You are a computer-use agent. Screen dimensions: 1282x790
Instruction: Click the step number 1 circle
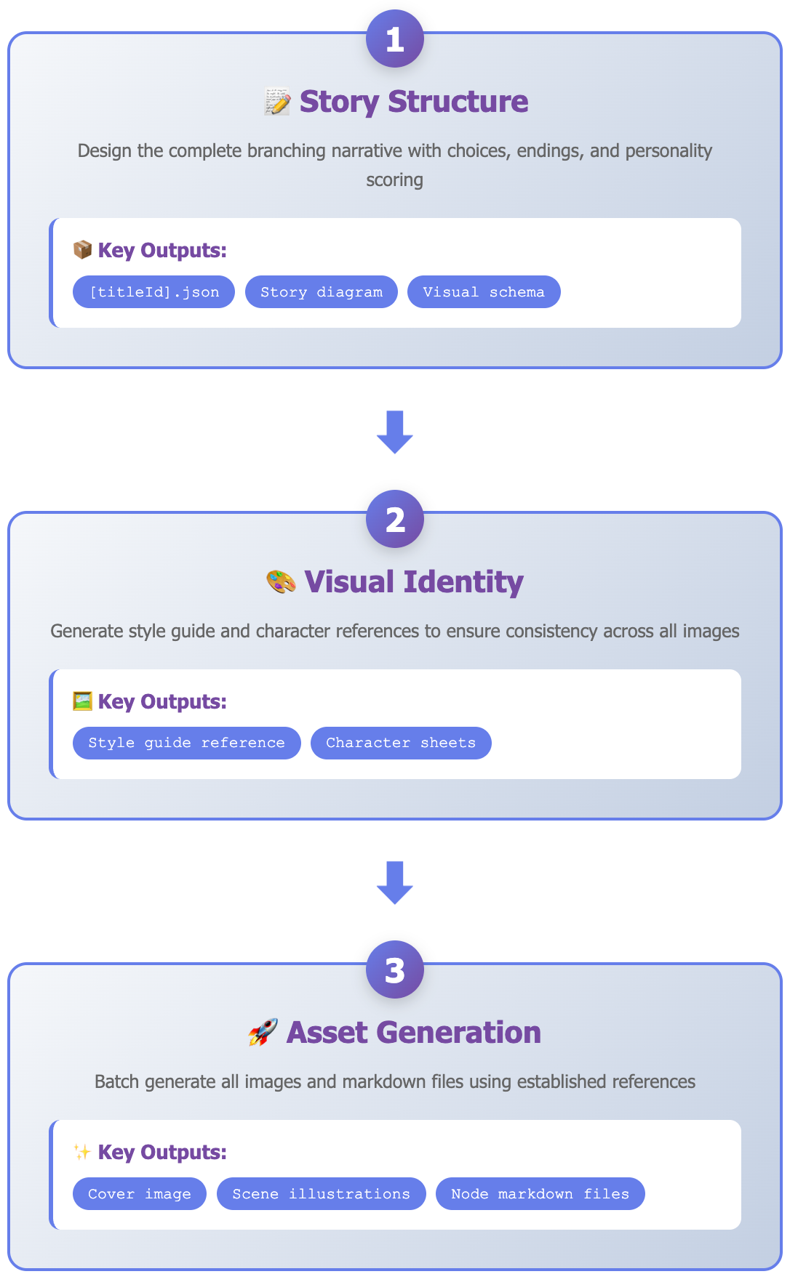click(x=395, y=39)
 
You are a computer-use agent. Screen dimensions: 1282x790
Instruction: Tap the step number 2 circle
click(x=395, y=519)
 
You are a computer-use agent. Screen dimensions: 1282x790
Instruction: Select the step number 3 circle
click(x=395, y=969)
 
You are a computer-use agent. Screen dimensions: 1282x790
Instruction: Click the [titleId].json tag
click(x=153, y=292)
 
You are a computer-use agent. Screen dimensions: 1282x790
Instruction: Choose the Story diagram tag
click(x=321, y=292)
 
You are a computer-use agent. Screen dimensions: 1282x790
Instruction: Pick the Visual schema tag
click(x=484, y=292)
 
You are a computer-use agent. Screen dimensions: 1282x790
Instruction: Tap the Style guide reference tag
click(x=186, y=743)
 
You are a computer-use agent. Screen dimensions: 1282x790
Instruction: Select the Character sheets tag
click(x=401, y=743)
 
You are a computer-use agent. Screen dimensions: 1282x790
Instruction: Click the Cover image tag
click(x=140, y=1193)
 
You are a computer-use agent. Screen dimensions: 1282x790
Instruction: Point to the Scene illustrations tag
click(x=321, y=1193)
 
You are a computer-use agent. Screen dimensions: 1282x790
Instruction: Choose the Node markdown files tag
click(x=540, y=1193)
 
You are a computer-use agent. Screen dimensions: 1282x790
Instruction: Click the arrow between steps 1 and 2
click(x=395, y=432)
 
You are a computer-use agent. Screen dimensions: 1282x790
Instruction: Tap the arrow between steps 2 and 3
click(x=395, y=883)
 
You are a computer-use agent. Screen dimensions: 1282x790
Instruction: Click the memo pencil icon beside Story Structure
click(x=277, y=102)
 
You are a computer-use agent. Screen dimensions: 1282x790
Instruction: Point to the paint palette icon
click(x=281, y=582)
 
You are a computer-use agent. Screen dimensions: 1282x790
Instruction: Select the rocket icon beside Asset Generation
click(x=263, y=1033)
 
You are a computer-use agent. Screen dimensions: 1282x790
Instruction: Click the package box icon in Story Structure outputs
click(x=82, y=250)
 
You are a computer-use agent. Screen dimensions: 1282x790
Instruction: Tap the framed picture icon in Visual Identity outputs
click(x=82, y=701)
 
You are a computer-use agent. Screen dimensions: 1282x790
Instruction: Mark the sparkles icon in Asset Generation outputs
click(x=82, y=1152)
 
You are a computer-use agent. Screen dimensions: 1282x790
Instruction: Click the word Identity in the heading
click(x=463, y=582)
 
